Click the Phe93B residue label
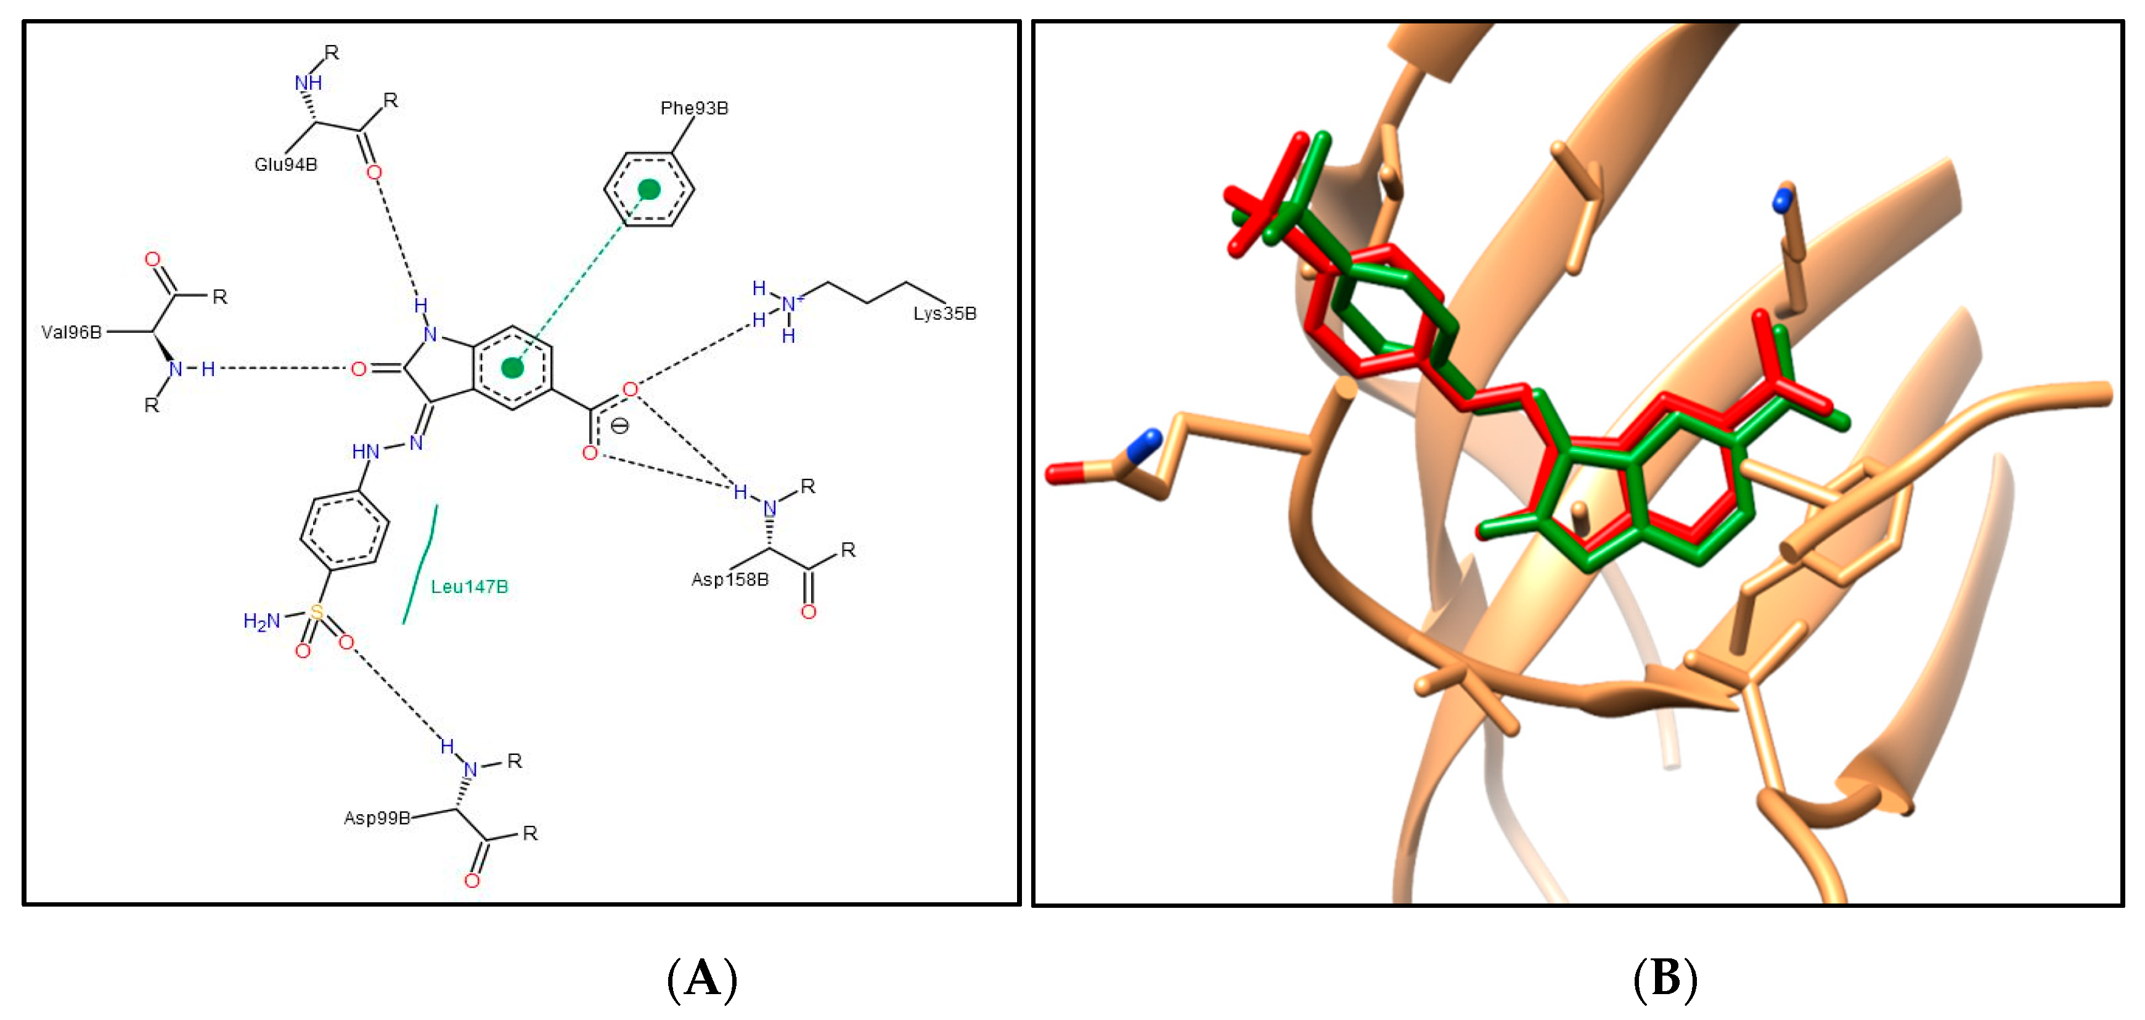point(693,108)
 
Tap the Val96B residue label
point(71,332)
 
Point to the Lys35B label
point(944,314)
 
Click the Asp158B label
point(729,579)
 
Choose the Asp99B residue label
point(377,818)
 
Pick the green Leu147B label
point(469,587)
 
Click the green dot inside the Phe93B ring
point(648,190)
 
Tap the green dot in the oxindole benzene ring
point(513,367)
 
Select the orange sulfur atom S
point(316,613)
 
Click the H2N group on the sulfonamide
point(261,621)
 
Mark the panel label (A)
point(702,977)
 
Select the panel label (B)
point(1665,977)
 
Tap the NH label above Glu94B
point(308,83)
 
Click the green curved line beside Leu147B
point(420,564)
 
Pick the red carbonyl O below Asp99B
point(472,881)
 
